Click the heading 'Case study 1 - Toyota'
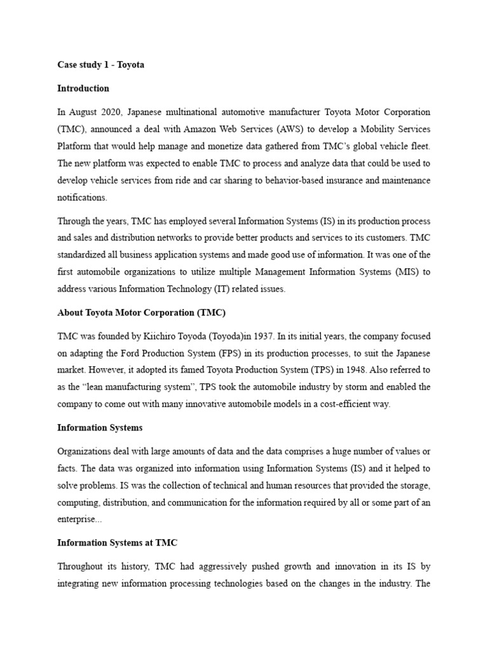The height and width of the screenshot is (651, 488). tap(100, 65)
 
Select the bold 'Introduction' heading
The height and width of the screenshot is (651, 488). tap(83, 88)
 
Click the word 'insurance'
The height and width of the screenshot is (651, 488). tap(337, 181)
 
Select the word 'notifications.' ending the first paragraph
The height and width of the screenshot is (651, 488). tap(82, 198)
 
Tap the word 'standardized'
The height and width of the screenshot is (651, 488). tap(83, 255)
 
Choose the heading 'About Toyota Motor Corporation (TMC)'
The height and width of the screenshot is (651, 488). tap(141, 313)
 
